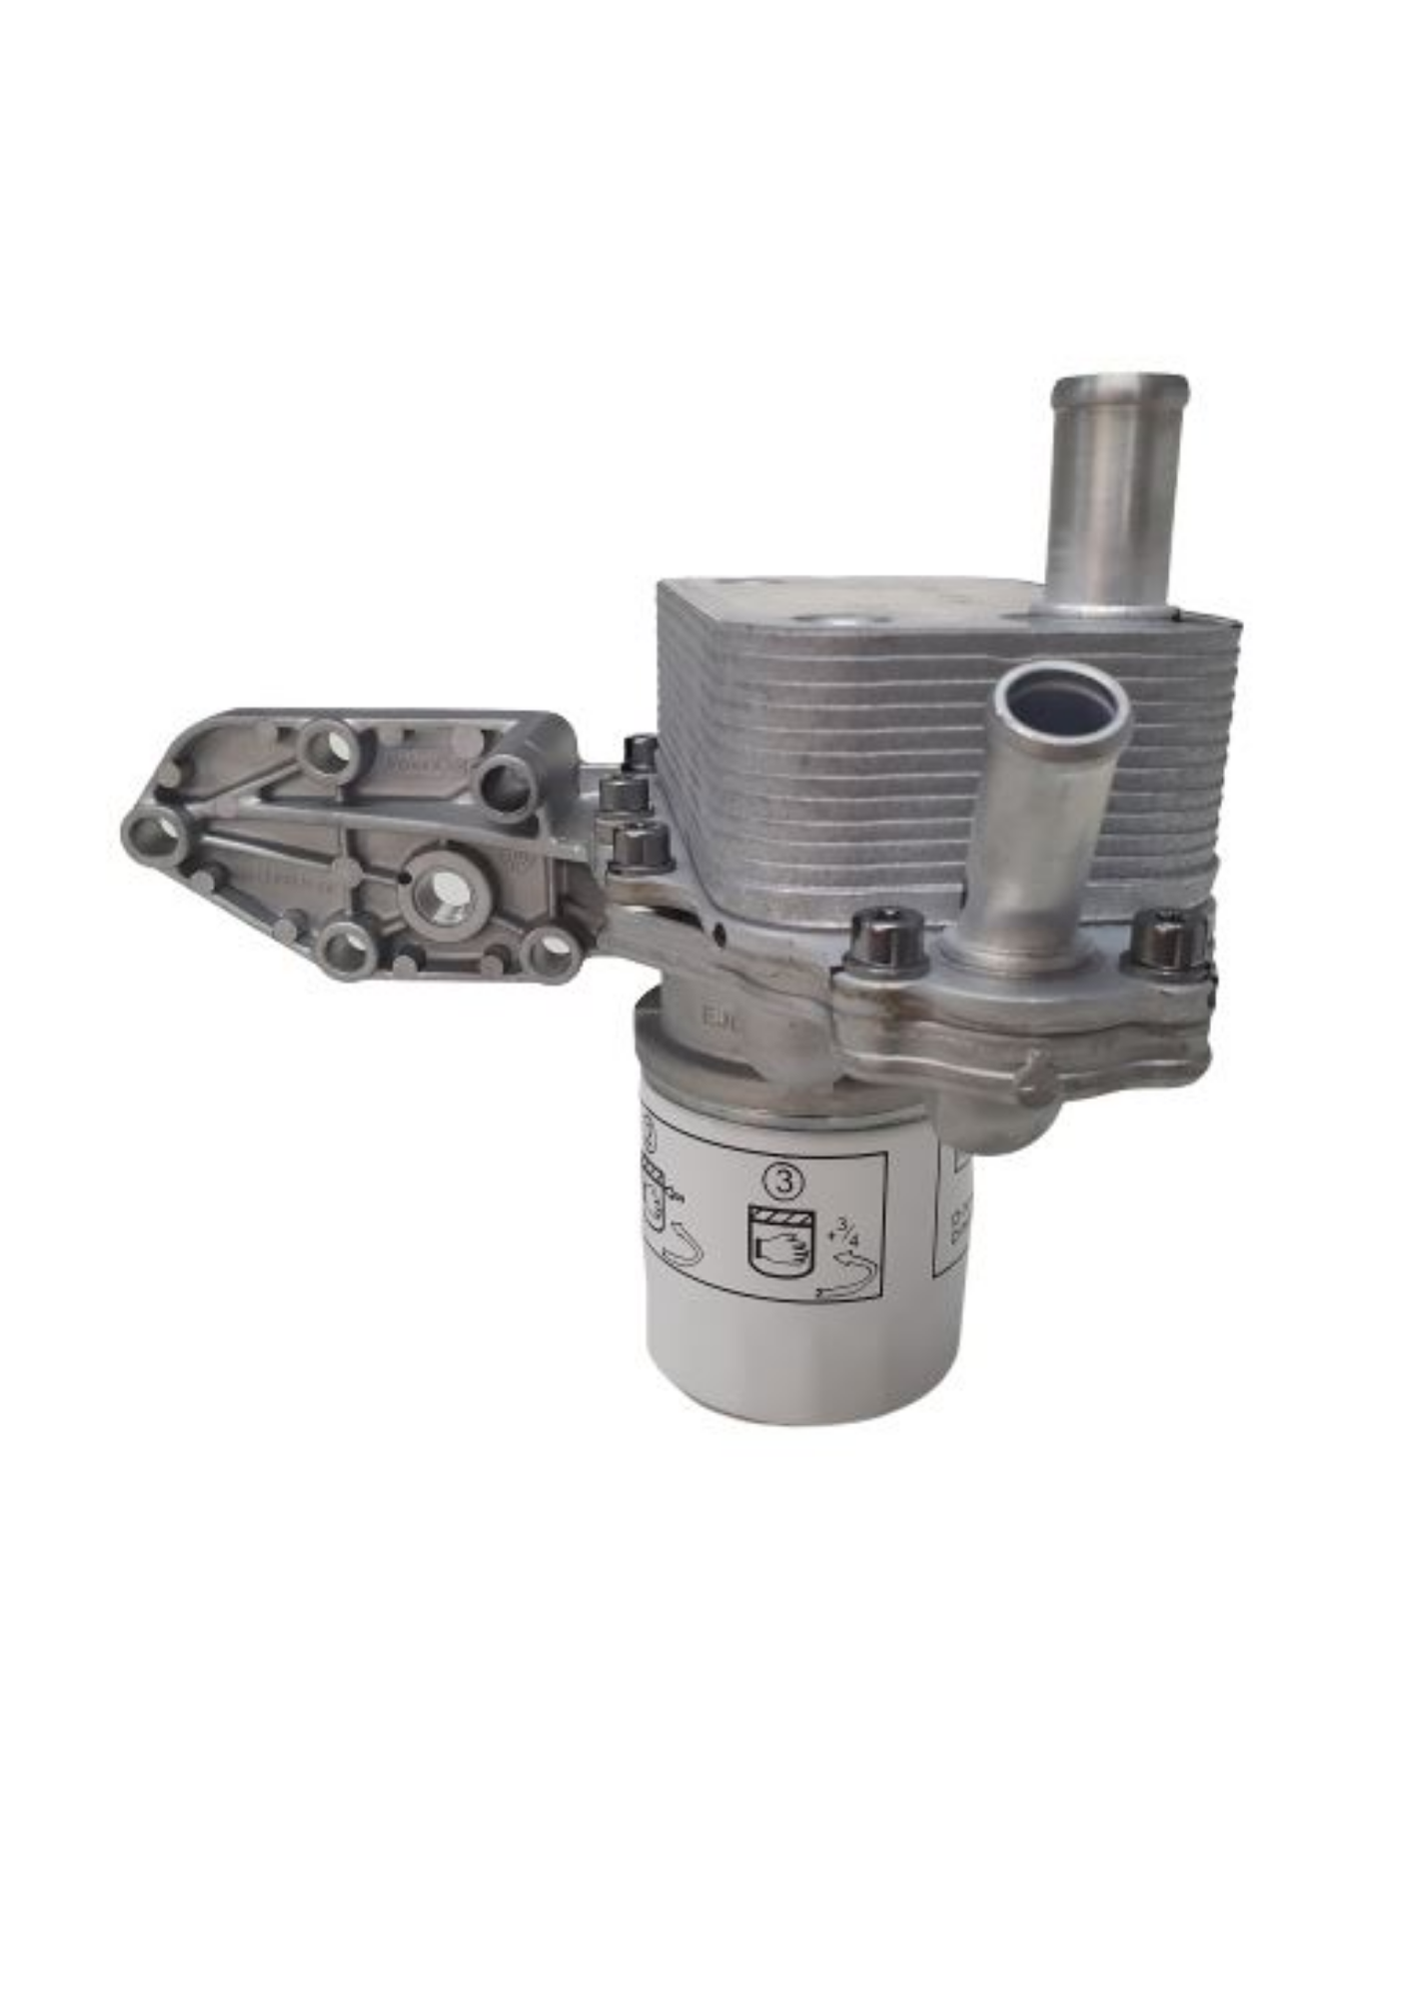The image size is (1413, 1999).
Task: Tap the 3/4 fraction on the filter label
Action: pos(850,1230)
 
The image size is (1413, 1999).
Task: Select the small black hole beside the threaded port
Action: pos(404,877)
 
